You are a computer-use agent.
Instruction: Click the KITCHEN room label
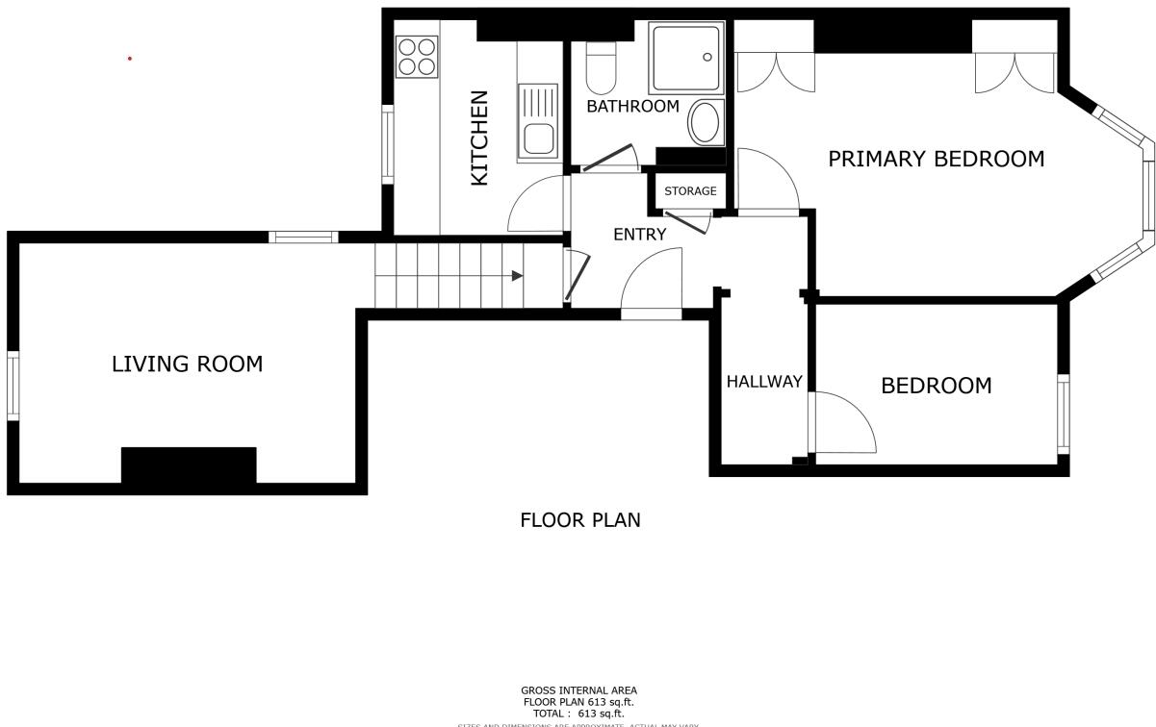coord(479,138)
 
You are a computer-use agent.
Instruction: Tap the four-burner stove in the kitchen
coord(417,56)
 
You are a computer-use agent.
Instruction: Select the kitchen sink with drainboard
coord(538,122)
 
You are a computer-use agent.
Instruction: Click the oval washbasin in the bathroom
coord(706,122)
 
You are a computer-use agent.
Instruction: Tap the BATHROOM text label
coord(632,107)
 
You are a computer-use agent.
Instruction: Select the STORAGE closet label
coord(690,191)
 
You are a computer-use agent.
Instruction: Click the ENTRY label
coord(639,234)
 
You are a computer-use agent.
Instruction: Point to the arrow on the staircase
coord(517,276)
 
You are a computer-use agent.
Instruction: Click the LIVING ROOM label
coord(187,364)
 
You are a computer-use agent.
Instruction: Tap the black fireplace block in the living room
coord(189,465)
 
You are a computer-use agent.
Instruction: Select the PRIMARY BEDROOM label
coord(936,160)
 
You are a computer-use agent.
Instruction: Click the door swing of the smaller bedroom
coord(842,423)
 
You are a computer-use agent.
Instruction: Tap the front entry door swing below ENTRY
coord(652,283)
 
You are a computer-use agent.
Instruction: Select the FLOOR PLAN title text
coord(579,520)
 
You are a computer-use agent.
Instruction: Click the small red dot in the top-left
coord(129,59)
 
